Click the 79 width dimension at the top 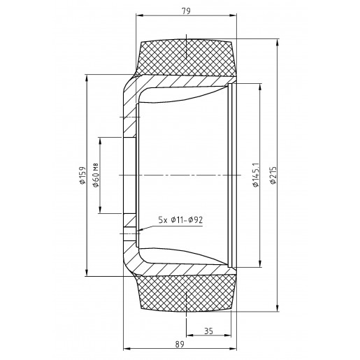click(x=186, y=11)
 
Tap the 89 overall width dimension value click(x=180, y=344)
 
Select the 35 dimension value click(x=208, y=331)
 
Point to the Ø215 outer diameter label click(x=273, y=175)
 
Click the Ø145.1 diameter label click(x=256, y=175)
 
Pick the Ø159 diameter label click(x=82, y=175)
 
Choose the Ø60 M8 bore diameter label click(x=96, y=175)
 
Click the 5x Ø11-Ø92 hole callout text click(x=180, y=219)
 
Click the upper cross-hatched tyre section click(x=187, y=58)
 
